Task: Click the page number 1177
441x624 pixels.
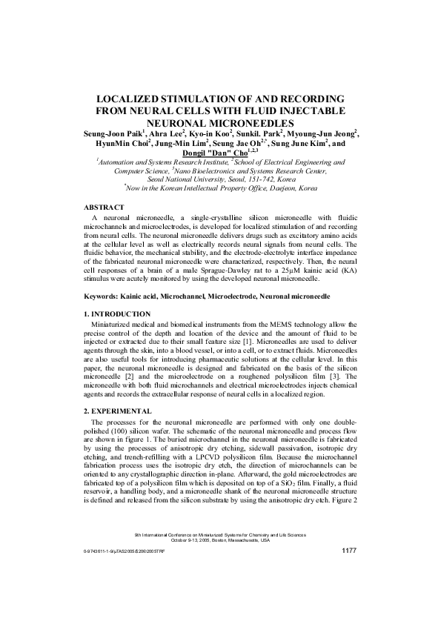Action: (x=349, y=551)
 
